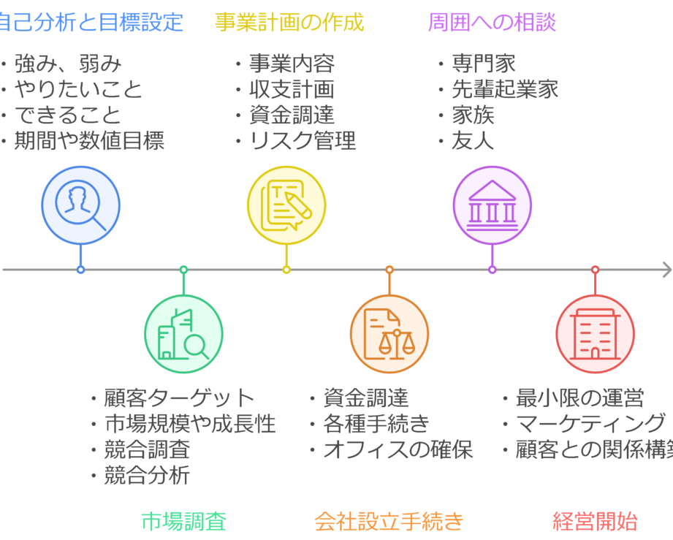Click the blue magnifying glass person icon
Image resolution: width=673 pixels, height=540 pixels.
pyautogui.click(x=80, y=205)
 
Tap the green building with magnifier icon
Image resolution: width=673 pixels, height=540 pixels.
pyautogui.click(x=183, y=335)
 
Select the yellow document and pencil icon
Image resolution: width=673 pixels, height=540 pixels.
pyautogui.click(x=286, y=205)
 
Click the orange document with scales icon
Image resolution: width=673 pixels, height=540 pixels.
pyautogui.click(x=389, y=335)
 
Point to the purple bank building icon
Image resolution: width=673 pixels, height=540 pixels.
pyautogui.click(x=493, y=205)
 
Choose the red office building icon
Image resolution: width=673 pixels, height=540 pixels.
pyautogui.click(x=595, y=335)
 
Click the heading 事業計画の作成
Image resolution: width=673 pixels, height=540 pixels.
pyautogui.click(x=289, y=22)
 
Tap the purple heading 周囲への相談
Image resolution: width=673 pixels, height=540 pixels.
pyautogui.click(x=492, y=22)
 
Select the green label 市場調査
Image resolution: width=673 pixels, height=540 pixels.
pyautogui.click(x=183, y=521)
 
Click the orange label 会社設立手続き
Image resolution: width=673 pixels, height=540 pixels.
pyautogui.click(x=389, y=521)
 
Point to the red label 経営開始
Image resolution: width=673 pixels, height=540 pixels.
pyautogui.click(x=595, y=521)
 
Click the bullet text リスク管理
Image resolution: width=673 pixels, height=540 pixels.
pyautogui.click(x=303, y=140)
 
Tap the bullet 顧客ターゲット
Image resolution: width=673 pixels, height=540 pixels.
pyautogui.click(x=179, y=398)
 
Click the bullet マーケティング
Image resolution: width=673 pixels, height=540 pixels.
pyautogui.click(x=590, y=423)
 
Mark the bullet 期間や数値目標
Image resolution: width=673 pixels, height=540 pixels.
pyautogui.click(x=89, y=140)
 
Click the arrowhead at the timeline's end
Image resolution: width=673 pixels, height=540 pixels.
pyautogui.click(x=666, y=270)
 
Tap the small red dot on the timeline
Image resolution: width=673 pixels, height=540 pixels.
pyautogui.click(x=595, y=270)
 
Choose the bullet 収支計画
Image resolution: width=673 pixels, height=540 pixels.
pyautogui.click(x=292, y=88)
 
